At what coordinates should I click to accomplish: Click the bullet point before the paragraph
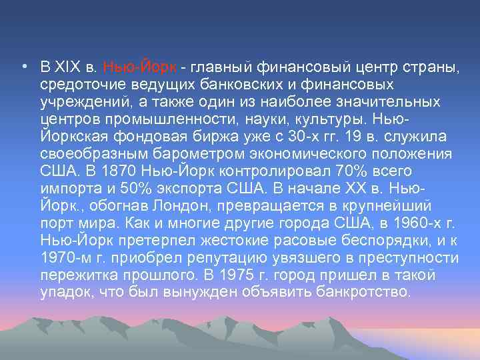point(23,68)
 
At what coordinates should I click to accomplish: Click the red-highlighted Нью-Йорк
point(140,68)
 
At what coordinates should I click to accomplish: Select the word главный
point(220,68)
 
